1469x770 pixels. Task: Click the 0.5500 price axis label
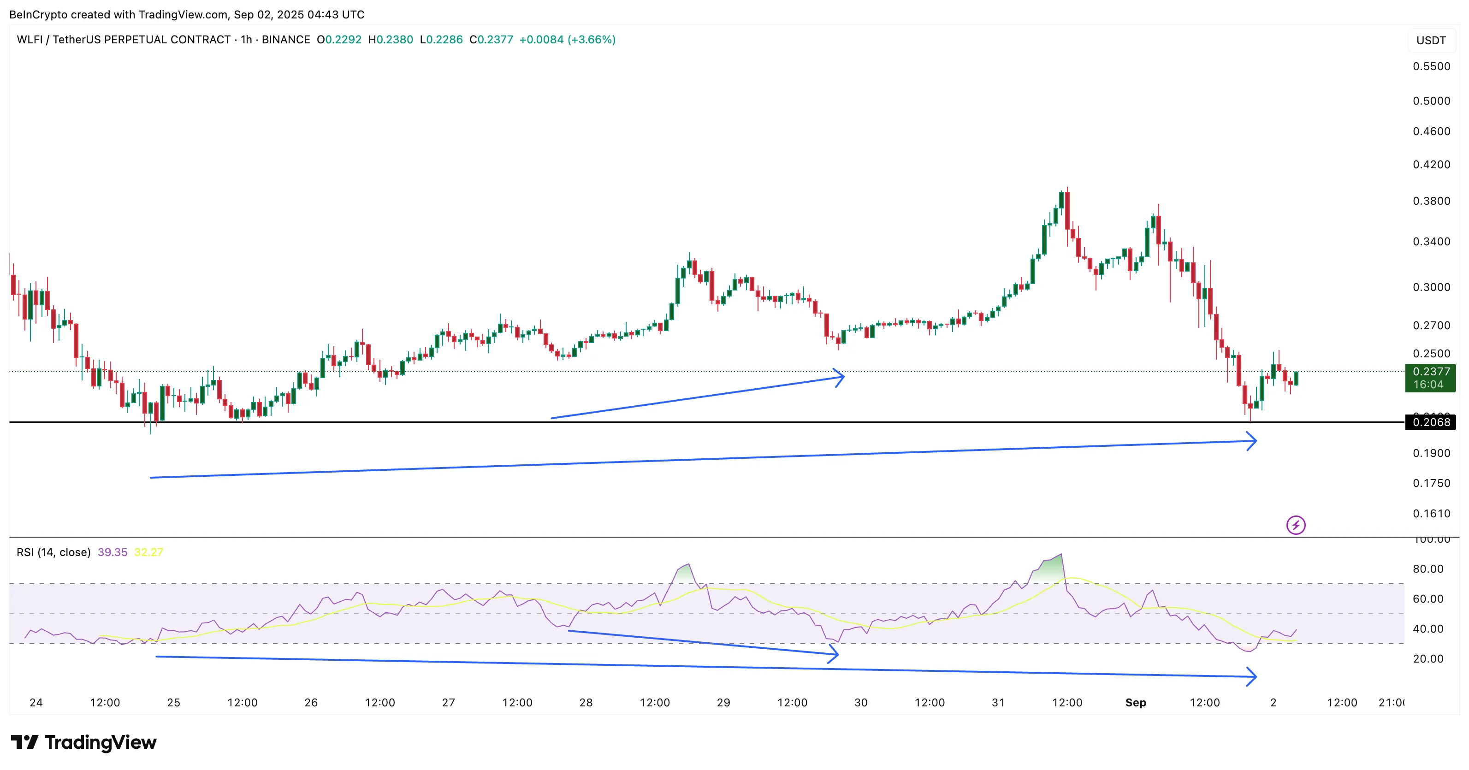tap(1431, 66)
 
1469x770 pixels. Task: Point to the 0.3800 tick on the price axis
tap(1431, 201)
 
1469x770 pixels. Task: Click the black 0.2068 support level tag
tap(1431, 422)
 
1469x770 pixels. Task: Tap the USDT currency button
tap(1431, 41)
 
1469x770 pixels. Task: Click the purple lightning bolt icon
tap(1296, 525)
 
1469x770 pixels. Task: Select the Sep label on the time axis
tap(1135, 703)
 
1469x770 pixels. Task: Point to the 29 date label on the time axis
tap(723, 703)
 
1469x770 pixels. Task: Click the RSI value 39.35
tap(113, 552)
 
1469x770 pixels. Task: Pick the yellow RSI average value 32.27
tap(148, 552)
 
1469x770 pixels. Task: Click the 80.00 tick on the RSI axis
tap(1431, 569)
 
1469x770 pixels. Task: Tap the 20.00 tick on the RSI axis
tap(1431, 659)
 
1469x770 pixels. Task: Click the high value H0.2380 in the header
tap(391, 39)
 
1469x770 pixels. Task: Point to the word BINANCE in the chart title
tap(286, 39)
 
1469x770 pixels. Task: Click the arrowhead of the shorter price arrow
tap(841, 377)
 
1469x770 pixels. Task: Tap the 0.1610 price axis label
tap(1431, 513)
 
